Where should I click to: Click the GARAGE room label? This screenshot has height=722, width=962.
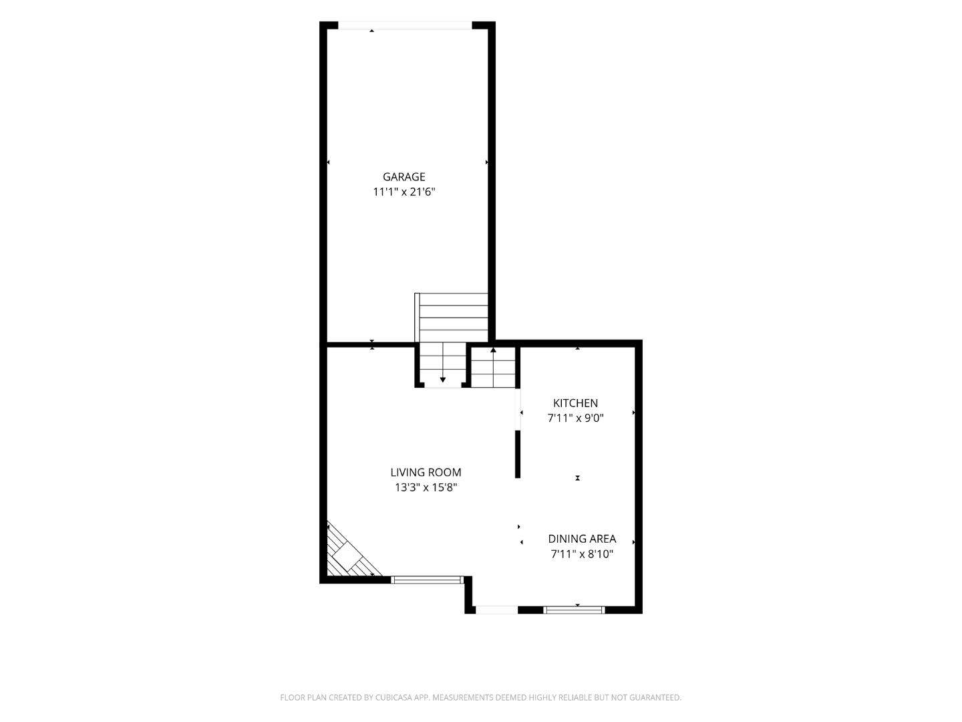tap(404, 176)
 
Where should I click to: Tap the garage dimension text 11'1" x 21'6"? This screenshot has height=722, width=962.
tap(404, 192)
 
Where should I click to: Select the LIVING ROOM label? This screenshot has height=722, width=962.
tap(426, 472)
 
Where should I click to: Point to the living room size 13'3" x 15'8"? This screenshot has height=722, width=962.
tap(426, 487)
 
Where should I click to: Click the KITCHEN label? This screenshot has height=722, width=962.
tap(575, 403)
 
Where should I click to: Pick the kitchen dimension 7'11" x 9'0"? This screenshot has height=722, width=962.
tap(575, 418)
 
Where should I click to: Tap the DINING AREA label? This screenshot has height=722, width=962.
tap(582, 539)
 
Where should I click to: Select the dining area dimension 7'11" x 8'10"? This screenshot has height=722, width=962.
tap(582, 554)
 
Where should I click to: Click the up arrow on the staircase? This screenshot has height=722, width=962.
tap(493, 368)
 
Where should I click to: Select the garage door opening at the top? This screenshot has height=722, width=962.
tap(405, 25)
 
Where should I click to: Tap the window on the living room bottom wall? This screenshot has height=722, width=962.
tap(427, 580)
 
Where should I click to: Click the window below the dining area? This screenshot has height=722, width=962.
tap(574, 610)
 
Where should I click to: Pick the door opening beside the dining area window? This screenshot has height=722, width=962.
tap(496, 610)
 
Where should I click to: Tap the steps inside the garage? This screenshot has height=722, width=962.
tap(452, 318)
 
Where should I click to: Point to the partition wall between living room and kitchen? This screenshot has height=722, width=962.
tap(518, 454)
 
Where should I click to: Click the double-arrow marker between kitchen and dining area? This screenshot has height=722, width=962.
tap(578, 478)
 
